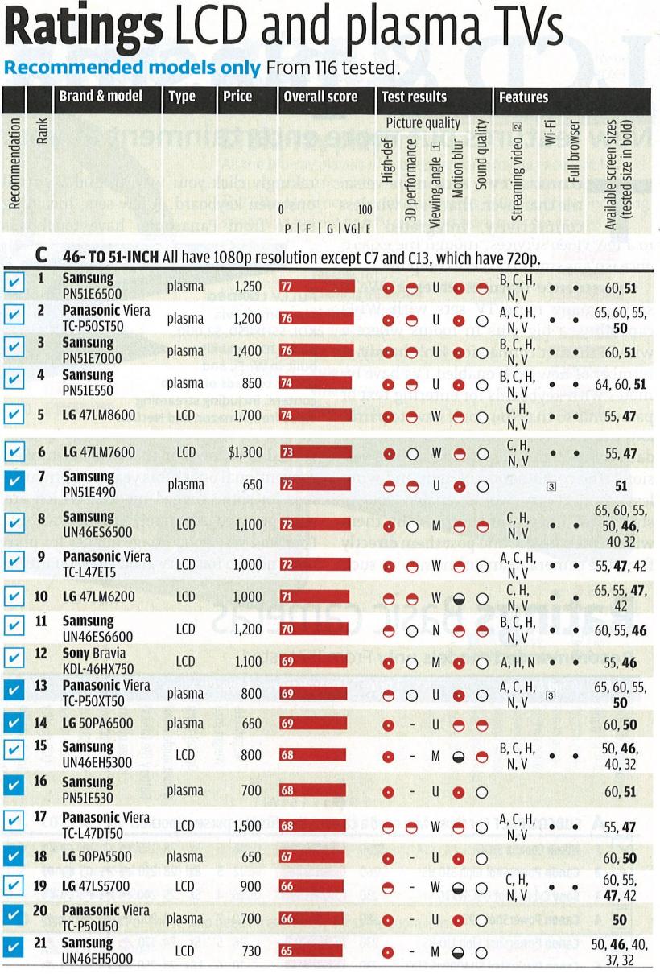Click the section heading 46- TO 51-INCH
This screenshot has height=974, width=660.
(x=105, y=256)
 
